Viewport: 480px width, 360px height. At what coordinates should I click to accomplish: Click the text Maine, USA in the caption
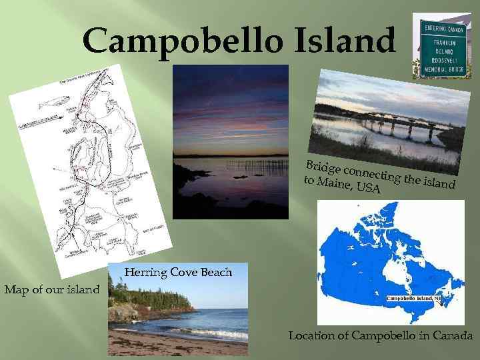pos(349,184)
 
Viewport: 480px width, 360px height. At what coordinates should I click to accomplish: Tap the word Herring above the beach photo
pos(145,272)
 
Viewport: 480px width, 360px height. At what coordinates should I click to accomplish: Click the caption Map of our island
pos(51,289)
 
